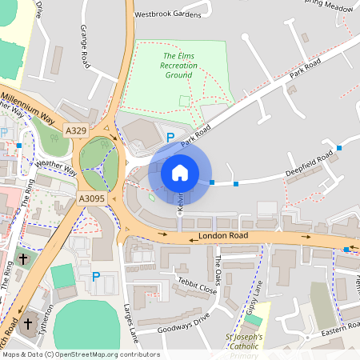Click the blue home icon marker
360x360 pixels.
pos(180,172)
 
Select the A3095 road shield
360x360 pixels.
pos(93,198)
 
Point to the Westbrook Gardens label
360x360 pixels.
pos(169,14)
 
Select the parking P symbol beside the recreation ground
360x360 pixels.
pos(170,137)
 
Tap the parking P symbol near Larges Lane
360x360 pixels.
pos(96,277)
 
